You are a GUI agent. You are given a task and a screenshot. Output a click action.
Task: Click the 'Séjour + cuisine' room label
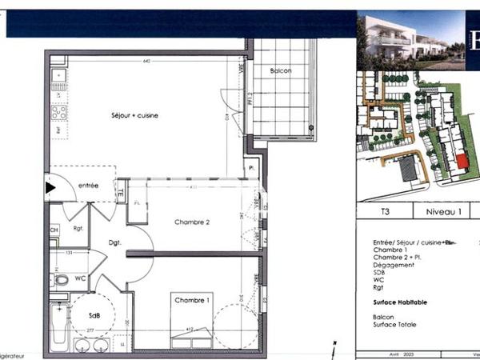click(134, 116)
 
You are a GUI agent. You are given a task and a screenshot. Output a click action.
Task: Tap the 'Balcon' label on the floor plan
click(281, 71)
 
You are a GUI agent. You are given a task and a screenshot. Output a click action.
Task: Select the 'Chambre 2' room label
click(193, 222)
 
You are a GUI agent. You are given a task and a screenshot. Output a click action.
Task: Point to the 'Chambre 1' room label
click(193, 300)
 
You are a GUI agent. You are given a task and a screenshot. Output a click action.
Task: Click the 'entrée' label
click(88, 186)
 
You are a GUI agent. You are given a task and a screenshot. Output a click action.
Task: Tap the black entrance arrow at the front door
click(51, 188)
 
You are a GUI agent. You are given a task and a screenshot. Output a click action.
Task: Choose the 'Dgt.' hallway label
click(114, 242)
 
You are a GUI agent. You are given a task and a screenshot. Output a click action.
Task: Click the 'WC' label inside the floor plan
click(81, 279)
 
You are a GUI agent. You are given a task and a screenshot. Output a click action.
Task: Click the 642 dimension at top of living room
click(147, 61)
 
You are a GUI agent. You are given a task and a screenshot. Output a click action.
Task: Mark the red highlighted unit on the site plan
click(462, 160)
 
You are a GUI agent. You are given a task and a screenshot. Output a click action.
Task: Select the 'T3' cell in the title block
click(385, 212)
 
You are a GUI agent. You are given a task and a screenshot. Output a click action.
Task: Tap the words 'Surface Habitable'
click(400, 302)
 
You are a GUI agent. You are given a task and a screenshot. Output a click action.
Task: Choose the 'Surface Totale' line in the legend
click(395, 324)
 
